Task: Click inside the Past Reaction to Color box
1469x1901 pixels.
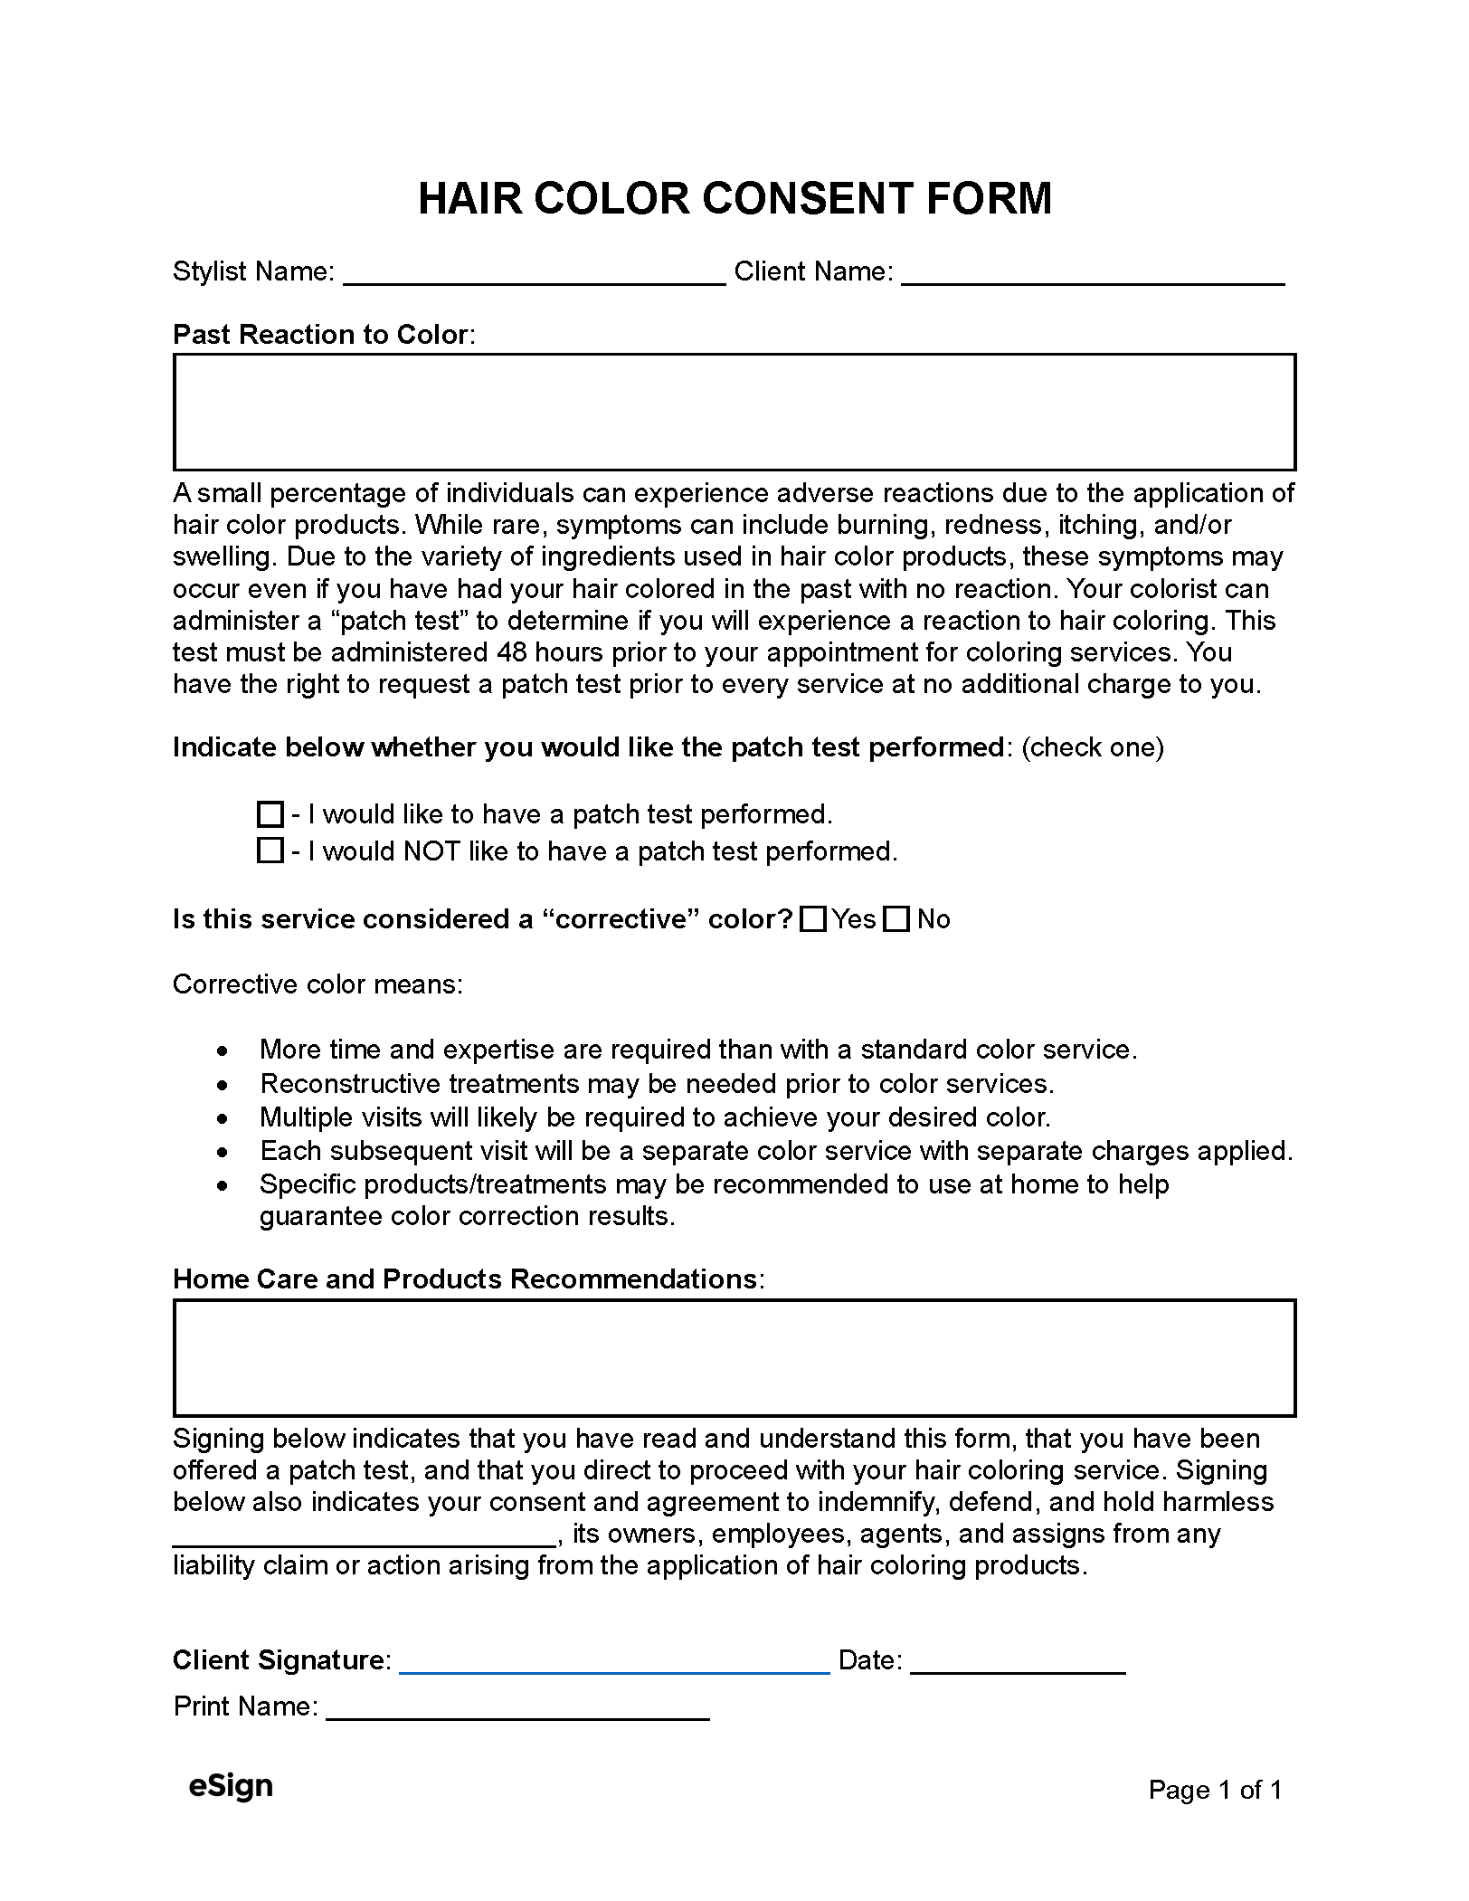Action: [734, 413]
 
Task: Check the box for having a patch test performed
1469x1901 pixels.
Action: [270, 814]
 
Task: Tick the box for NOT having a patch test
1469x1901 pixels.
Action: [270, 851]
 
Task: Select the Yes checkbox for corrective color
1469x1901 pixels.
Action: [814, 919]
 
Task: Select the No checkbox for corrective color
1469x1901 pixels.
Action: [896, 919]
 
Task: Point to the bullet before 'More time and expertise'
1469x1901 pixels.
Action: [223, 1051]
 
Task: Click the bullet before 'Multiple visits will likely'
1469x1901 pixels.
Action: [223, 1119]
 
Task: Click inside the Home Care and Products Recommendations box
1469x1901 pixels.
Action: [734, 1358]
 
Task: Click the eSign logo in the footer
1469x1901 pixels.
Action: [231, 1786]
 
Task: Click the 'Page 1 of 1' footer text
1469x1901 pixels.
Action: [1215, 1790]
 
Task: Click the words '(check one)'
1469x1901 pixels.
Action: [1093, 747]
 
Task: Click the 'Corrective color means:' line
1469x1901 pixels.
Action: [317, 984]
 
